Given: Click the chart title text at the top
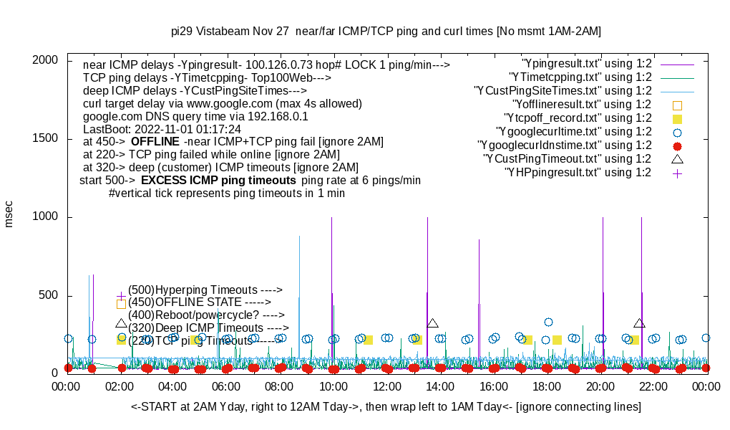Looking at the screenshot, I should coord(386,32).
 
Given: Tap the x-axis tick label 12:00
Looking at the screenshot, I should coord(386,387).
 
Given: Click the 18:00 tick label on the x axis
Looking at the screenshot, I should coord(547,387).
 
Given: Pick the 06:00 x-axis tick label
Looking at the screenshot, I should coord(227,387).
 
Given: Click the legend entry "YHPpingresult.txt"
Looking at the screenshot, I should coord(578,173).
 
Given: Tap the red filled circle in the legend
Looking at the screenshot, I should coord(677,145).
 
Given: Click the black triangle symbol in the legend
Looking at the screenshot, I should coord(677,158).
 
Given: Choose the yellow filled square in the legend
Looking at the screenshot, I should coord(677,118).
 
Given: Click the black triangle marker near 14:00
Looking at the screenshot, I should coord(432,324).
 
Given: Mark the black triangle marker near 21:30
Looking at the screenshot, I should coord(639,324).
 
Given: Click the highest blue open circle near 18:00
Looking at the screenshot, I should coord(548,322).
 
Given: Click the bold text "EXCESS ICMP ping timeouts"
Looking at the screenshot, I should coord(218,180).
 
